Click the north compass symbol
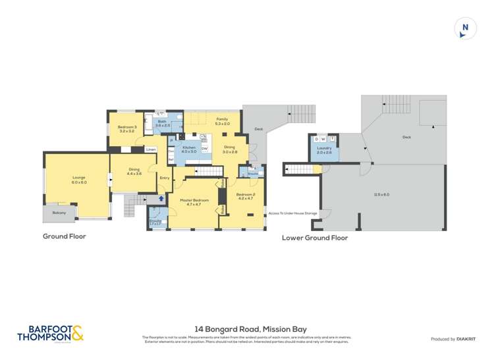click(x=465, y=28)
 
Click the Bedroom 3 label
click(x=127, y=127)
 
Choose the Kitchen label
click(x=189, y=147)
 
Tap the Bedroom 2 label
click(x=245, y=194)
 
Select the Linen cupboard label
click(x=151, y=149)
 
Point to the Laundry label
click(x=324, y=148)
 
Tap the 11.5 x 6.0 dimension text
click(x=381, y=195)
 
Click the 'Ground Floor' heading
click(x=65, y=236)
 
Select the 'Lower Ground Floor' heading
click(x=314, y=238)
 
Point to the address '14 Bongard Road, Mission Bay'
click(x=250, y=329)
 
